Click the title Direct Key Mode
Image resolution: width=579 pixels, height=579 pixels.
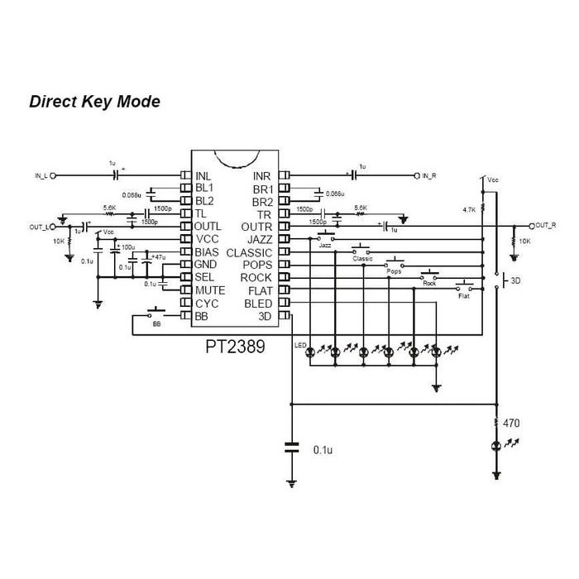point(94,102)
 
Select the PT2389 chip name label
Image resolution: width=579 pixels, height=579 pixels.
point(236,347)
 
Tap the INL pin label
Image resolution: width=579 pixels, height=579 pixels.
point(203,176)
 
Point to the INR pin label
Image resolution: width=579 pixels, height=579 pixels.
point(261,176)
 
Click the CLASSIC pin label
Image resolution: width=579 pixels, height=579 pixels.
point(249,252)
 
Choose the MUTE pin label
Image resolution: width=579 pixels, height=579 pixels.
point(210,290)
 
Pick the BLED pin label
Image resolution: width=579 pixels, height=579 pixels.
point(258,303)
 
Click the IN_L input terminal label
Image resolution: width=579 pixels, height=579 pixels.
point(42,176)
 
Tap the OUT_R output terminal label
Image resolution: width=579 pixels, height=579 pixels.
point(545,225)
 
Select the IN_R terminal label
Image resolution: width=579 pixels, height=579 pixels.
point(428,176)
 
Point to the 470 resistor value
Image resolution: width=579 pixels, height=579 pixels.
point(511,423)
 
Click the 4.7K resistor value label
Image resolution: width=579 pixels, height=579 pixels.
point(469,210)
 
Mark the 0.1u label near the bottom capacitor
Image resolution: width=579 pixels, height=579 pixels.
point(323,450)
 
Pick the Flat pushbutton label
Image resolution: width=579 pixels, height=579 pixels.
point(463,295)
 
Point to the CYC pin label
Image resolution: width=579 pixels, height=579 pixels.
point(207,304)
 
